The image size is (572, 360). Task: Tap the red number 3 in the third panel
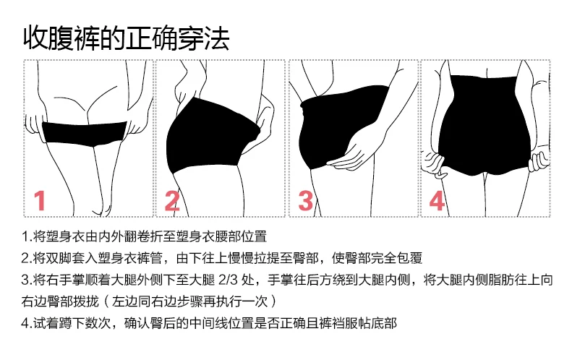(x=305, y=199)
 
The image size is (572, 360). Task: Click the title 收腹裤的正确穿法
(x=127, y=36)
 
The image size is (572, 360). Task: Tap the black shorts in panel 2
(x=210, y=137)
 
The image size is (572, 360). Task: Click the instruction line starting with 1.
(x=145, y=236)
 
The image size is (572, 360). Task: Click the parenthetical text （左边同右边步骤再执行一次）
(x=192, y=301)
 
